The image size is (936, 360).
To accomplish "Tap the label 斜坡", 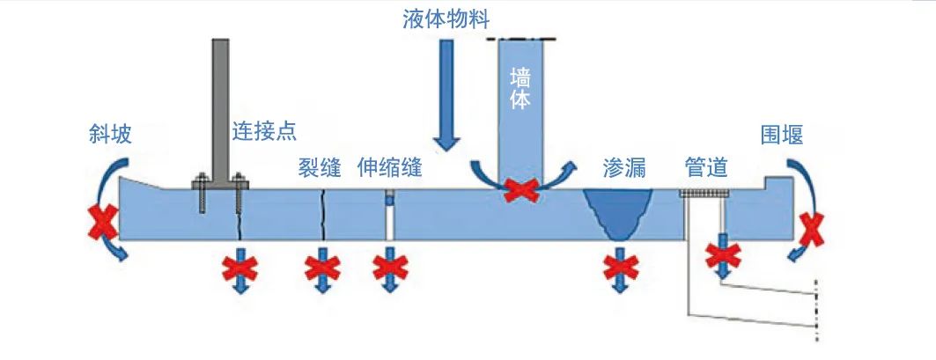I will tap(110, 133).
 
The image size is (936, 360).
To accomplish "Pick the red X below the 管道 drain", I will tap(723, 255).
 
